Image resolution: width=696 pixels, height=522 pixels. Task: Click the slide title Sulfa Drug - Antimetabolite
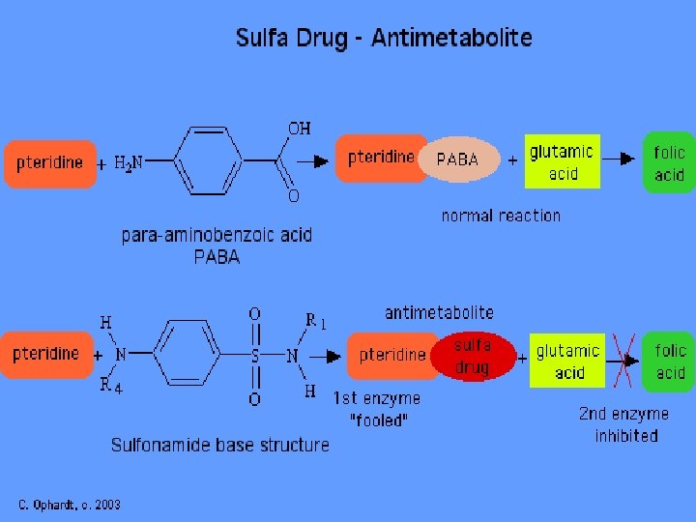(x=384, y=39)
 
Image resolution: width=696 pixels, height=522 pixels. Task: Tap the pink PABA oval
(x=458, y=159)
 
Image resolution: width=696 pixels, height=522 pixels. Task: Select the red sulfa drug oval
(x=472, y=356)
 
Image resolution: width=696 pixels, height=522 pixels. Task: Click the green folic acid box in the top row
(x=668, y=162)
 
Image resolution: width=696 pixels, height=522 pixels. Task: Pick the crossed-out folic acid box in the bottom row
(x=670, y=362)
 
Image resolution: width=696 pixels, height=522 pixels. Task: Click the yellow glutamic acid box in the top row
(x=563, y=162)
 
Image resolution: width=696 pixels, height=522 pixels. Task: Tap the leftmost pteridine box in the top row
(x=49, y=162)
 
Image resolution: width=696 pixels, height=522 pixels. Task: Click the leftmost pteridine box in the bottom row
(x=45, y=354)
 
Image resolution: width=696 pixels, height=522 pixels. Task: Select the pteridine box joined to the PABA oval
(x=380, y=158)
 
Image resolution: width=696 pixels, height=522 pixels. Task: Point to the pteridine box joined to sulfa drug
(x=391, y=355)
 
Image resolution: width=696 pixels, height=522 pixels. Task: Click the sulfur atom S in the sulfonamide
(x=255, y=356)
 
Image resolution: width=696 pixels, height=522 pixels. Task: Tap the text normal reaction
(x=500, y=216)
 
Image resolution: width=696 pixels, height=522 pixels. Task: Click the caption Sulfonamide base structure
(x=219, y=445)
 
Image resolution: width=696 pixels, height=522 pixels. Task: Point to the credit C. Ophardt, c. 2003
(x=70, y=505)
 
